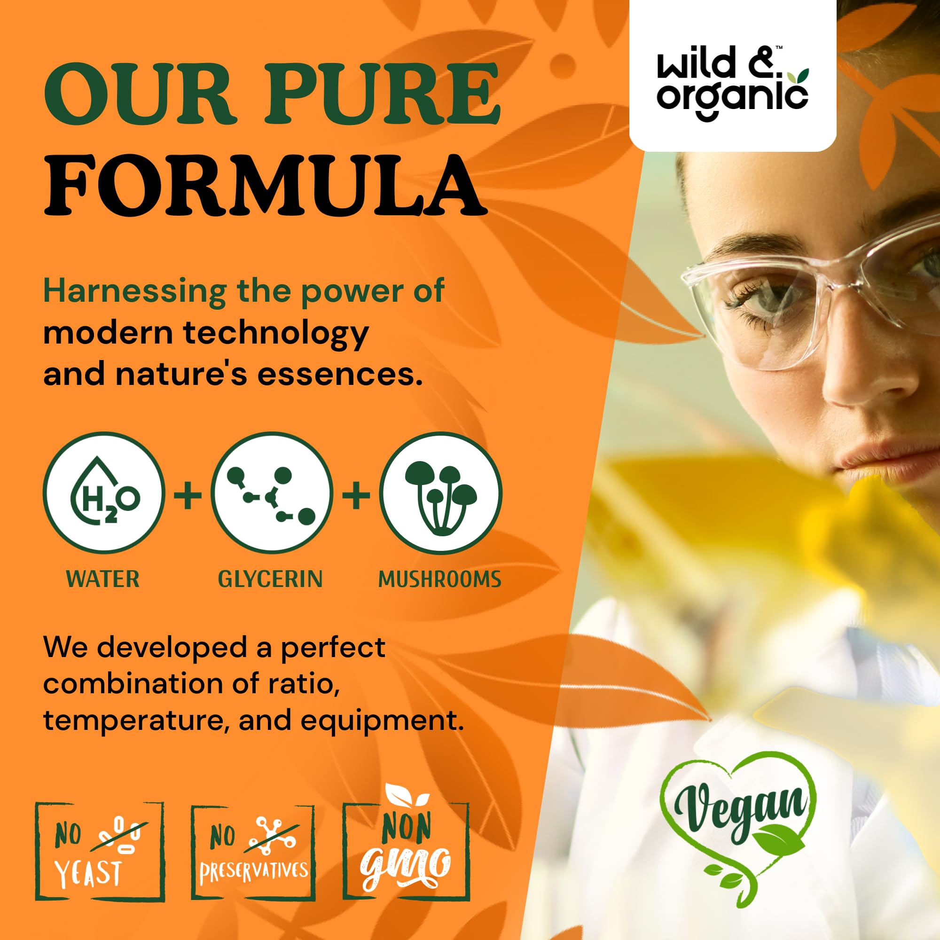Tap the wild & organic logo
732,82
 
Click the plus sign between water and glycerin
188,496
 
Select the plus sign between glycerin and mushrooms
356,496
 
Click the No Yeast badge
100,851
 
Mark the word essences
339,376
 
